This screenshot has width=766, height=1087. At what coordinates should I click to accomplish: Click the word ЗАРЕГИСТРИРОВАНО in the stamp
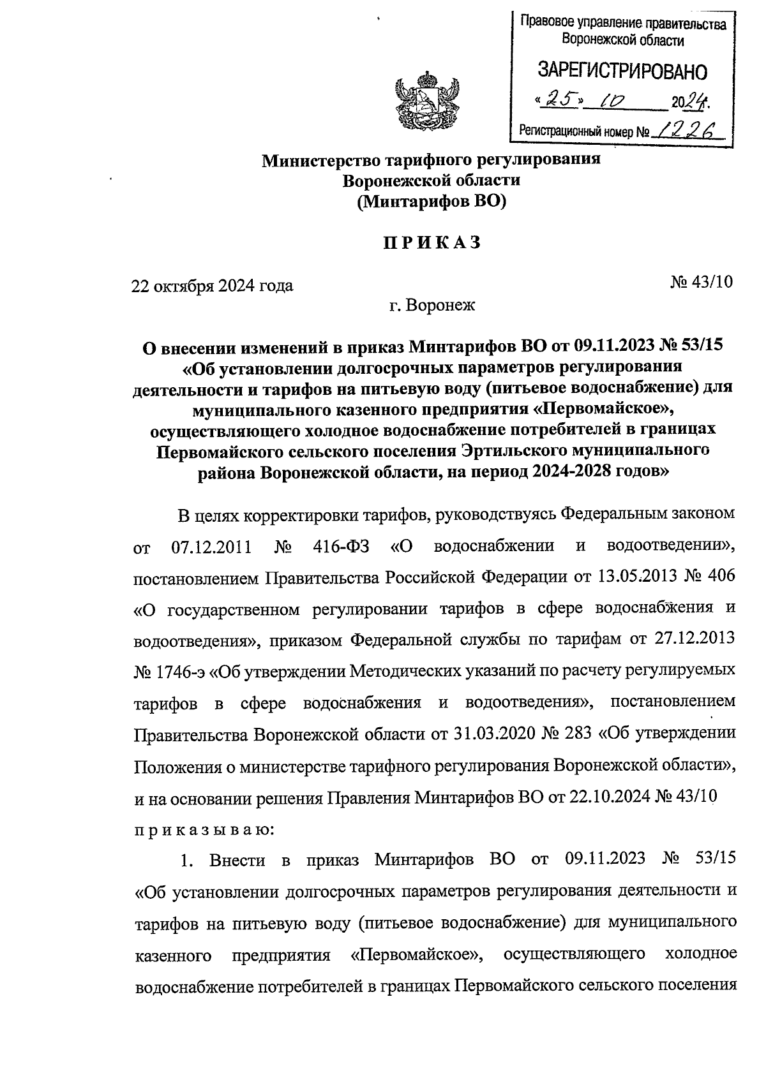pos(623,71)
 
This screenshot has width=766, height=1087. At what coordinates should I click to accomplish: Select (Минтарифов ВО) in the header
pos(432,202)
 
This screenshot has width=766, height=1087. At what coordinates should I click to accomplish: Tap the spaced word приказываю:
pos(204,829)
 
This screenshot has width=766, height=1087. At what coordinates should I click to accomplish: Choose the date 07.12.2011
pos(211,547)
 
